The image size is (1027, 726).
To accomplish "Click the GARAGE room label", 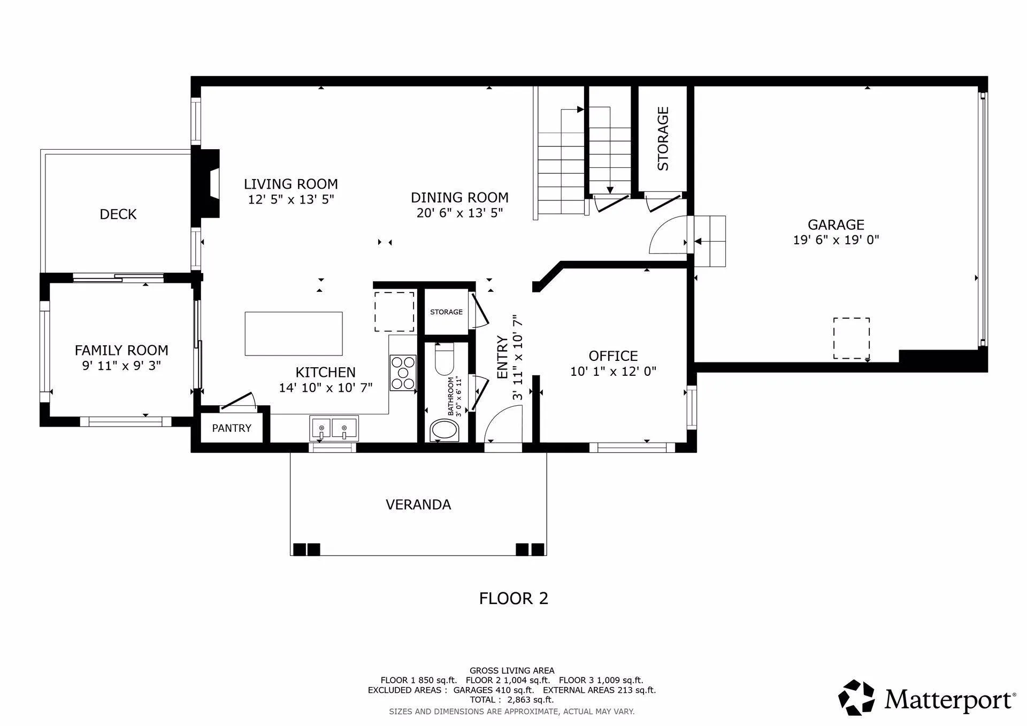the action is tap(836, 225).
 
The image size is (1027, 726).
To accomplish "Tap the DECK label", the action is tap(118, 214).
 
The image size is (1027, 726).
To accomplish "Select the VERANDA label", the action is tap(418, 505).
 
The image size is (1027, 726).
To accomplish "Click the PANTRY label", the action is tap(232, 428).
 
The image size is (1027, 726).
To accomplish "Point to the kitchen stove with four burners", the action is tap(403, 373).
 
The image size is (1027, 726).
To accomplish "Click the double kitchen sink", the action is tap(334, 428).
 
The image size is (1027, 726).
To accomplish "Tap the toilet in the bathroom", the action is tap(444, 360).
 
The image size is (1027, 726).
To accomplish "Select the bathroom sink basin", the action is tap(444, 430).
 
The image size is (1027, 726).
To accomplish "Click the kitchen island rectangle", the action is tap(294, 334).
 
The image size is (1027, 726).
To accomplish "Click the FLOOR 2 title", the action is tap(513, 598).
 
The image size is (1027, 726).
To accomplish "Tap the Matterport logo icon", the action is tap(856, 698).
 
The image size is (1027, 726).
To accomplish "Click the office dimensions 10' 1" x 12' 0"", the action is tap(613, 372).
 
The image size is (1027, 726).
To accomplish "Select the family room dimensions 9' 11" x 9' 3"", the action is tap(121, 366).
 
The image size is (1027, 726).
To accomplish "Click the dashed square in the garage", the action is tap(851, 338).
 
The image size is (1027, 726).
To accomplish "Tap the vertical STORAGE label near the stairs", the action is tap(663, 139).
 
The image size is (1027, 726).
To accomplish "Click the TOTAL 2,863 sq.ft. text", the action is tap(512, 699).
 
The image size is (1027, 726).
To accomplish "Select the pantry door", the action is tap(239, 401).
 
